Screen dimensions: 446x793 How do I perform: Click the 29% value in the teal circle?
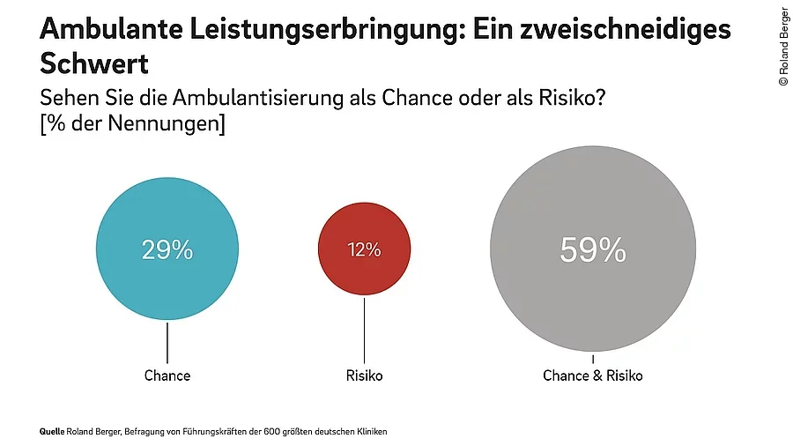(x=167, y=250)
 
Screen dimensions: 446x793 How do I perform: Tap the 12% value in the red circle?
(x=363, y=249)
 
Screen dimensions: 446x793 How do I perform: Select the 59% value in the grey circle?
(x=592, y=251)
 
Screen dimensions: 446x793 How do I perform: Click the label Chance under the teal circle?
(x=167, y=375)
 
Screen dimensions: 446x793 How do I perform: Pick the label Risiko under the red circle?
(x=364, y=375)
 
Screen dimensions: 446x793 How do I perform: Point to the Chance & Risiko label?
(x=592, y=375)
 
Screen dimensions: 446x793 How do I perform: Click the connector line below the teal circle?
(x=167, y=340)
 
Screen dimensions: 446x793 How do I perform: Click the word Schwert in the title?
(x=93, y=64)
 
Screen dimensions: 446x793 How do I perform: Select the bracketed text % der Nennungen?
(x=132, y=124)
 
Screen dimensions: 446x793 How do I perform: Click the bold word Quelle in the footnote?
(x=52, y=432)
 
